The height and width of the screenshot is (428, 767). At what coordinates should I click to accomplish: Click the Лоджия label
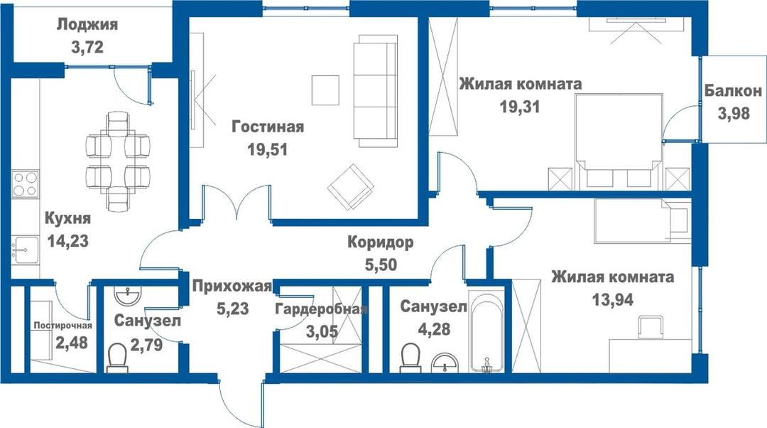[87, 24]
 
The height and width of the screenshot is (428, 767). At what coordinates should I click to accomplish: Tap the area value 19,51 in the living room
[267, 149]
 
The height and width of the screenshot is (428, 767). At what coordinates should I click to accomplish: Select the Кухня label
[67, 218]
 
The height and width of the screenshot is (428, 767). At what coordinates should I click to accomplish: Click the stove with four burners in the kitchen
[25, 183]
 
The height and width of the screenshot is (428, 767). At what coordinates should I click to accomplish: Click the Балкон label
[733, 90]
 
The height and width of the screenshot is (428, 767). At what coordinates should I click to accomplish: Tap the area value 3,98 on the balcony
[734, 113]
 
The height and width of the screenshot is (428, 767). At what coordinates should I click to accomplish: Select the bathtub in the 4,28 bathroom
[486, 331]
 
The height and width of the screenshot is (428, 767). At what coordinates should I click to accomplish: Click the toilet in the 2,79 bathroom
[117, 358]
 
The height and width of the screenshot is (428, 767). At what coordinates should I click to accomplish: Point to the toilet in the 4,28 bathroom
[410, 358]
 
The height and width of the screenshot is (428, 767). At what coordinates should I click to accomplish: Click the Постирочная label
[62, 326]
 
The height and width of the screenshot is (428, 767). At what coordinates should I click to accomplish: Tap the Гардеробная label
[320, 309]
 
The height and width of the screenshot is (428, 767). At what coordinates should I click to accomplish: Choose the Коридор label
[380, 242]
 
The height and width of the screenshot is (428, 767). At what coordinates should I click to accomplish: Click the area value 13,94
[612, 299]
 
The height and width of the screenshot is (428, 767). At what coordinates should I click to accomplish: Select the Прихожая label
[232, 286]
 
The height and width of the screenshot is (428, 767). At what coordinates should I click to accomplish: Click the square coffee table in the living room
[325, 90]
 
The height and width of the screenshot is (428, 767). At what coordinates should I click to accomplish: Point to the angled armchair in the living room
[351, 186]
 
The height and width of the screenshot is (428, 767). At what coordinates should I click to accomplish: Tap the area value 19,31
[519, 106]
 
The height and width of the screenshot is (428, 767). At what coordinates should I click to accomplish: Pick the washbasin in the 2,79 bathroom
[128, 295]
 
